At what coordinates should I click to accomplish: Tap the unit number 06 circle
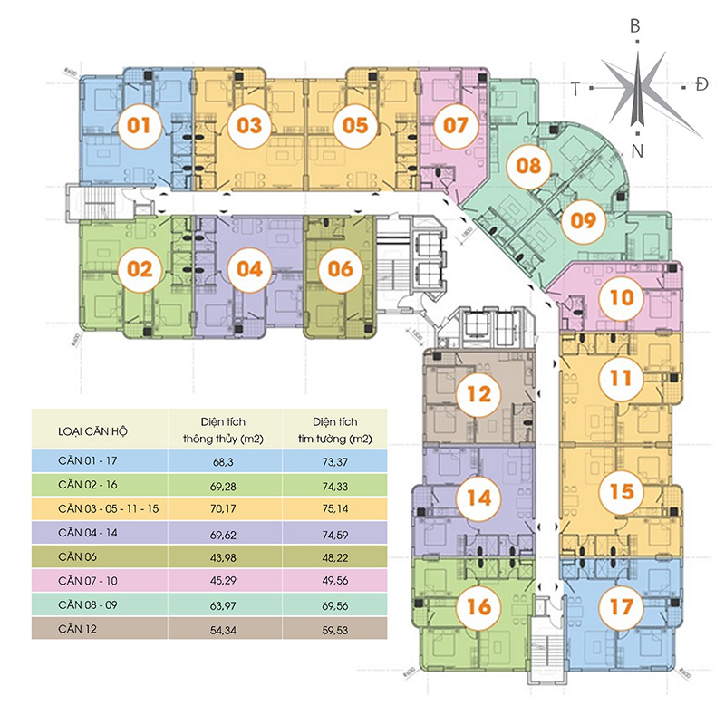tap(340, 269)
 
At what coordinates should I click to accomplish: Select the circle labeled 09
tap(584, 219)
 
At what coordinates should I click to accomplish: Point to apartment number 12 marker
tap(478, 394)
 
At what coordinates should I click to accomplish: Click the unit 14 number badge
tap(478, 497)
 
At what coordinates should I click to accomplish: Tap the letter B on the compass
tap(635, 26)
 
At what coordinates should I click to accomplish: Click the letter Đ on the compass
tap(701, 86)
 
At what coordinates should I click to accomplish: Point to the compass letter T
tap(575, 87)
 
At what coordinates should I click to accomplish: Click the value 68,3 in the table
tap(223, 461)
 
